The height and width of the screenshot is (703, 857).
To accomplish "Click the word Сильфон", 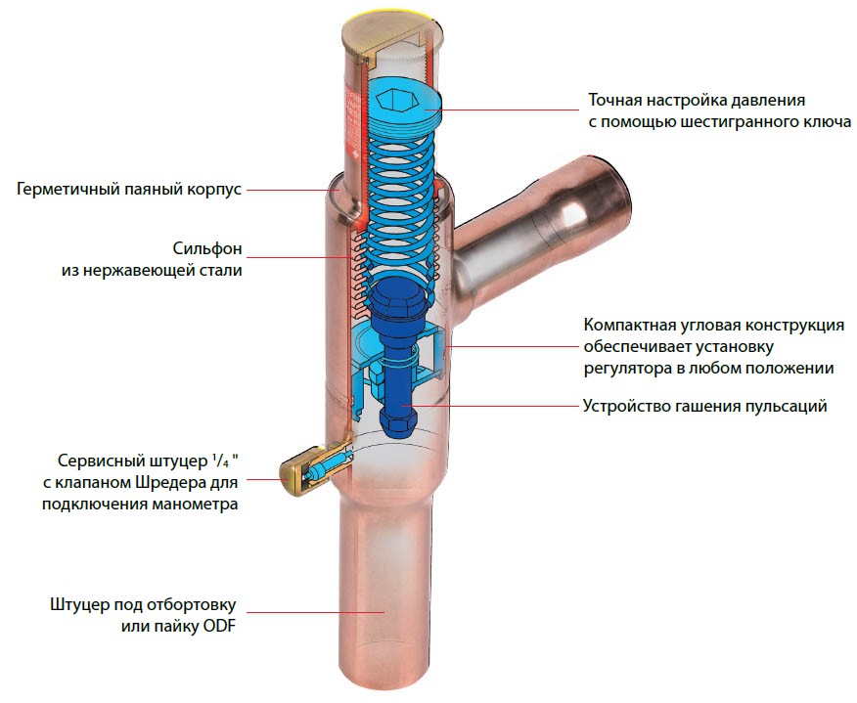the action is point(207,248).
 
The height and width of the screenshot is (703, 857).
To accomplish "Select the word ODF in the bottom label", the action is point(219,626).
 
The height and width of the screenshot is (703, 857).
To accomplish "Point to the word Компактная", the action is point(627,325).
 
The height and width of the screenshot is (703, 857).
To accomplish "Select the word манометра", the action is point(195,504).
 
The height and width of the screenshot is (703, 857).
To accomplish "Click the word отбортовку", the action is point(195,604).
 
